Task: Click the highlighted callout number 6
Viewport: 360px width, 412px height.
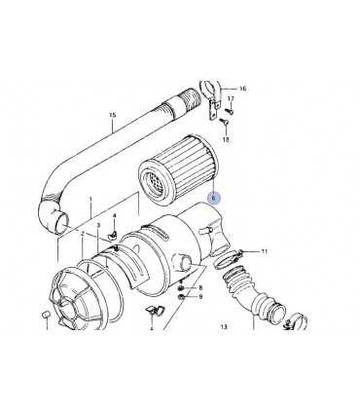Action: click(213, 198)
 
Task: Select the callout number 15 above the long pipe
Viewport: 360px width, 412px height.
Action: click(112, 115)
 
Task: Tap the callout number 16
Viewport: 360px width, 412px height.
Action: click(242, 89)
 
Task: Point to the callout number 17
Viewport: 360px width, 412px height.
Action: click(231, 98)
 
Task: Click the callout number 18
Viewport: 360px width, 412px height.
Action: click(226, 139)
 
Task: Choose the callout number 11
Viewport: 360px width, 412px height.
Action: click(265, 251)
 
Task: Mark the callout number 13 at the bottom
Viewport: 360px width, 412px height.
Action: click(224, 326)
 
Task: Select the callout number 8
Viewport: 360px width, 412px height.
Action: click(200, 287)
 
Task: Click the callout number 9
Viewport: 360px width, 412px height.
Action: click(200, 296)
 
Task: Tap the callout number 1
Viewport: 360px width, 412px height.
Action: click(90, 198)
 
